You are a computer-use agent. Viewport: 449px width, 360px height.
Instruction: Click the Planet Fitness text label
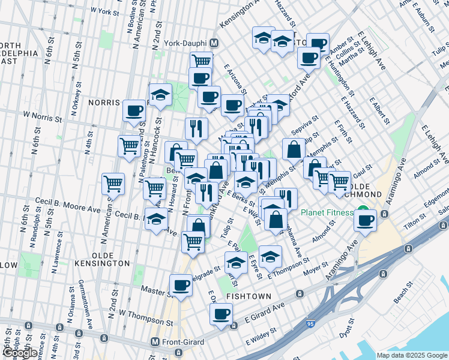(x=328, y=212)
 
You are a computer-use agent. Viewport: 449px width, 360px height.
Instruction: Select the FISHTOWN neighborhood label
(x=248, y=296)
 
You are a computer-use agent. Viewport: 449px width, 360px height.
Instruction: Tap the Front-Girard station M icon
(x=155, y=342)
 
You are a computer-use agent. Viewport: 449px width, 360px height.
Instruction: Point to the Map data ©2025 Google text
(x=411, y=356)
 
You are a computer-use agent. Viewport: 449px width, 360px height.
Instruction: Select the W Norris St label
(x=43, y=114)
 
